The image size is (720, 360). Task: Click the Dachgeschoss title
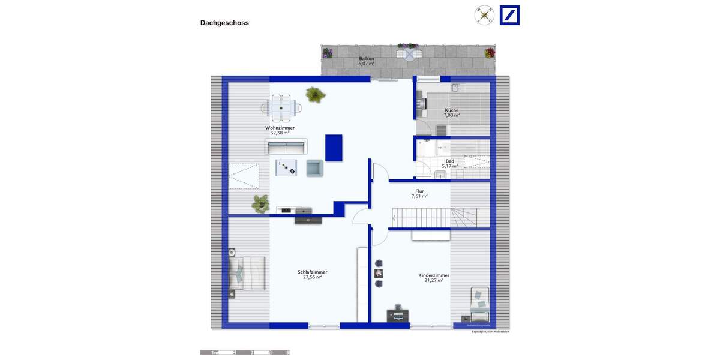point(224,23)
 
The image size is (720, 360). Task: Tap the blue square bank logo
point(509,16)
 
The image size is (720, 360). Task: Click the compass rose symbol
point(484,15)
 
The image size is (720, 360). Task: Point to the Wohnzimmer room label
point(280,130)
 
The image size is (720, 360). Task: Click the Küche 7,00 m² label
point(451,112)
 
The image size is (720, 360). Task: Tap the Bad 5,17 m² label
point(449,163)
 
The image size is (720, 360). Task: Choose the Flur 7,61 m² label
point(419,193)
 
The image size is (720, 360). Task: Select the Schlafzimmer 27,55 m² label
point(312,274)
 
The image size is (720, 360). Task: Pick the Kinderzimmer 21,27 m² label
point(434,277)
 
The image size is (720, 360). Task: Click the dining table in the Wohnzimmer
point(282,108)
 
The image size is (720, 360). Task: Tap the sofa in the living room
point(286,146)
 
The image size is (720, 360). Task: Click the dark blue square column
point(334,148)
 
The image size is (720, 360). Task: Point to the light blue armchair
point(315,168)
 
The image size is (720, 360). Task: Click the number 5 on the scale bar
point(288,353)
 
